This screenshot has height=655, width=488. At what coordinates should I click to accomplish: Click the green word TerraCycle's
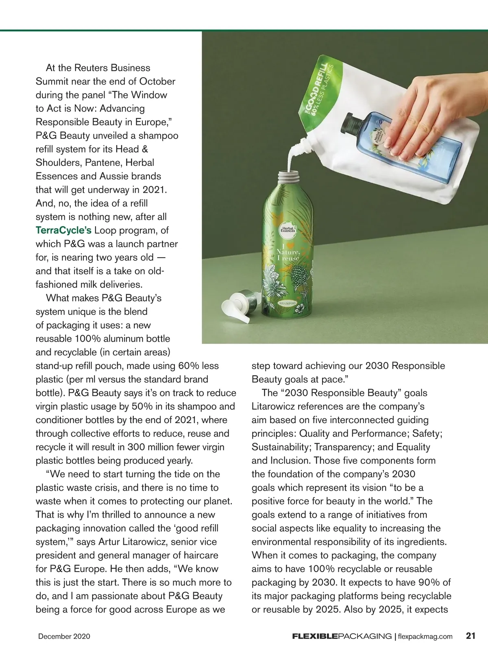[63, 230]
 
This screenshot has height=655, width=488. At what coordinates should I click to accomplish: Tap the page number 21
[471, 635]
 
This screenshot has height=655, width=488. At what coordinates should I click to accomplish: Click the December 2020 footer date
[64, 636]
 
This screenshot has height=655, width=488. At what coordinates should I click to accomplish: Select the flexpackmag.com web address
[425, 636]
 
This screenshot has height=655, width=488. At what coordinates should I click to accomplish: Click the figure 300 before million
[137, 447]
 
